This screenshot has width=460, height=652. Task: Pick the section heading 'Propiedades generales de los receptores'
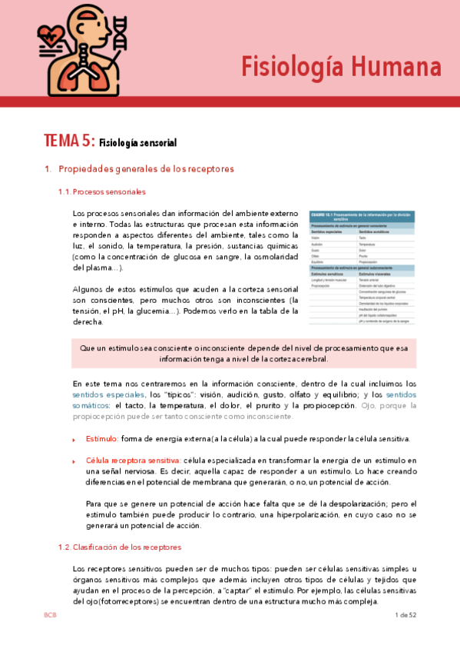(146, 168)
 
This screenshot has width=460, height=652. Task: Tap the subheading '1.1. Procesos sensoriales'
(102, 191)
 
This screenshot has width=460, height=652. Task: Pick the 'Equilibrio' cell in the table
(319, 260)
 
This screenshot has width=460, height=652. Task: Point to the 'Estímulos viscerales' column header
(376, 272)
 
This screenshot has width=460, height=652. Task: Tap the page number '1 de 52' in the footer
(405, 615)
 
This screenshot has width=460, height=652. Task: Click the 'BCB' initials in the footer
(50, 615)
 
